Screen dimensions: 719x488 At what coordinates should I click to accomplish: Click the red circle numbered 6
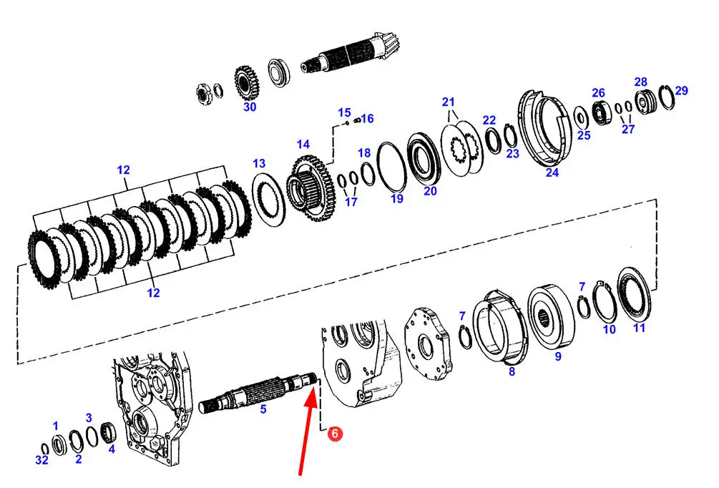(x=336, y=434)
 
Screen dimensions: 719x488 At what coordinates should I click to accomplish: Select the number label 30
(x=250, y=107)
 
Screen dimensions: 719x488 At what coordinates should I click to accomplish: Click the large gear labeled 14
(x=311, y=188)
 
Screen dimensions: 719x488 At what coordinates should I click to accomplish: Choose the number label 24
(x=552, y=172)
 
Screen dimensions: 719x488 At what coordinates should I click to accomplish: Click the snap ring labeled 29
(x=666, y=98)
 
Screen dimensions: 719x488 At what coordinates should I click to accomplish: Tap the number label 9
(x=558, y=356)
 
